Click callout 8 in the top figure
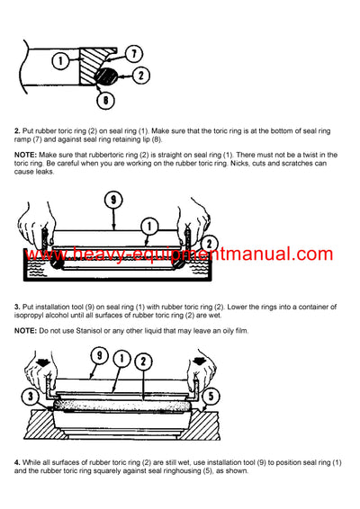(107, 101)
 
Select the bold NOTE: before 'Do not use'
(26, 331)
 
